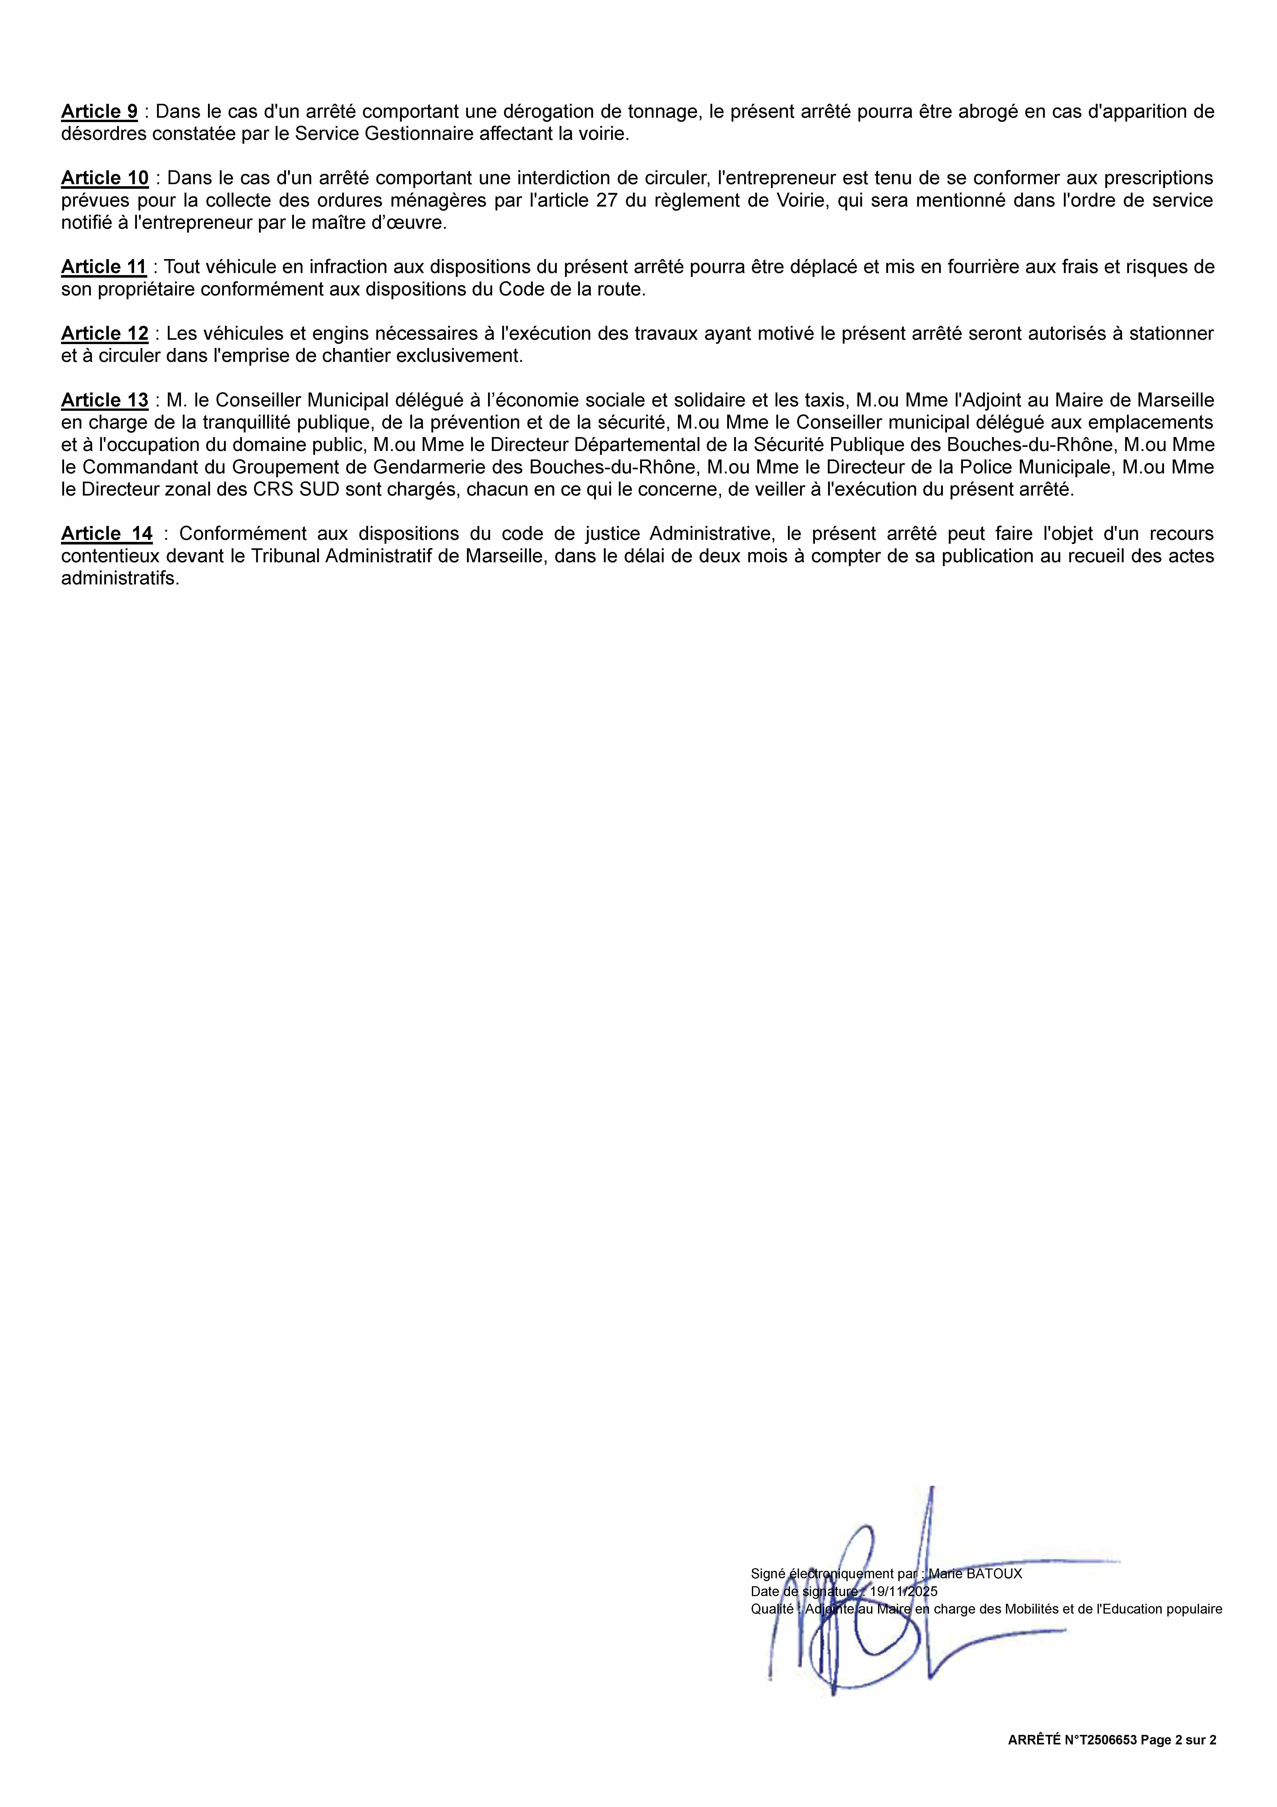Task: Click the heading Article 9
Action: (x=99, y=112)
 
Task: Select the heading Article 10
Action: (x=105, y=178)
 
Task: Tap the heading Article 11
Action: (x=104, y=267)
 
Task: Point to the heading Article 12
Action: (x=105, y=334)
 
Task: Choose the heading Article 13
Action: (x=105, y=400)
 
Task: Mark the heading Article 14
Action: (x=107, y=534)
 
